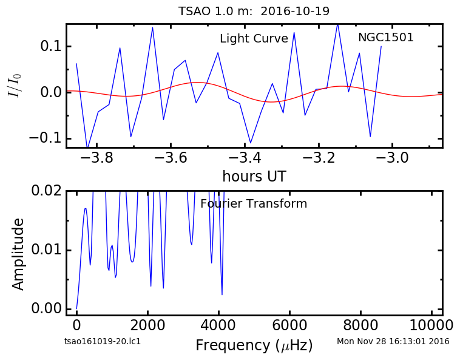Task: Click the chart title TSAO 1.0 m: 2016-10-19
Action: point(254,11)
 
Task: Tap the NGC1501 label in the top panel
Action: point(386,37)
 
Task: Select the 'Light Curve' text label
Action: point(254,38)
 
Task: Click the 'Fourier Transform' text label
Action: point(254,203)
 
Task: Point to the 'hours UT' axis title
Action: point(254,176)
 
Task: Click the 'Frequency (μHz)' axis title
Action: point(254,345)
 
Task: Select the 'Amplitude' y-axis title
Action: point(18,254)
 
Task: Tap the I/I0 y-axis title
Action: point(15,86)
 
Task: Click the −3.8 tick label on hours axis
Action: point(96,158)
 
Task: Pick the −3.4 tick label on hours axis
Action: point(245,158)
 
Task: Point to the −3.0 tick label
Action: point(392,158)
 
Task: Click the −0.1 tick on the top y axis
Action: point(46,138)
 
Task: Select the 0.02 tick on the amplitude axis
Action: point(47,191)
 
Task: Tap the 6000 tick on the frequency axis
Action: point(289,325)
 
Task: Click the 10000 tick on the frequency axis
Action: point(431,325)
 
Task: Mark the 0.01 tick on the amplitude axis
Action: point(47,250)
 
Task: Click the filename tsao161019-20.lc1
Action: point(103,341)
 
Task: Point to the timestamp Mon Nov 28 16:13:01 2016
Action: point(393,341)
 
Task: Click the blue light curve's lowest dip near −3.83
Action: point(87,146)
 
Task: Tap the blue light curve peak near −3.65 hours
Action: point(152,28)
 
